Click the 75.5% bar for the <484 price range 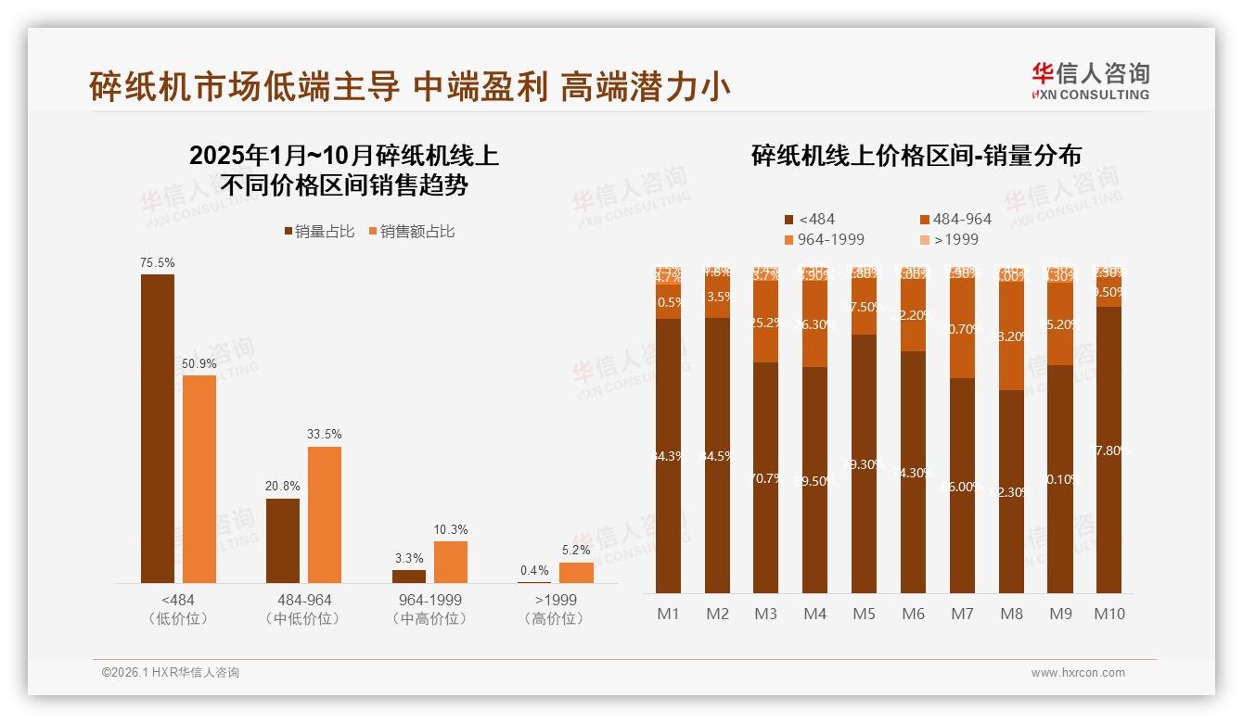pos(157,428)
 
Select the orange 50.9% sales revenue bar pos(199,478)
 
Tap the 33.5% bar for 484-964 pos(325,514)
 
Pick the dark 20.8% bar pos(283,540)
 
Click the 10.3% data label pos(450,529)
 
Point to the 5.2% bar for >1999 pos(576,573)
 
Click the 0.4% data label pos(534,570)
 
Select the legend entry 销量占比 pos(318,232)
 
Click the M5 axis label pos(864,614)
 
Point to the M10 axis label pos(1108,614)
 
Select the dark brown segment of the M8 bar pos(1011,491)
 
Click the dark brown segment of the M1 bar pos(668,456)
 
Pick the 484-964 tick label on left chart pos(304,600)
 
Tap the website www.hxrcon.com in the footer pos(1077,673)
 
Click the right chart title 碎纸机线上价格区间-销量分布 pos(916,156)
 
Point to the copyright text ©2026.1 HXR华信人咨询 pos(170,673)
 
